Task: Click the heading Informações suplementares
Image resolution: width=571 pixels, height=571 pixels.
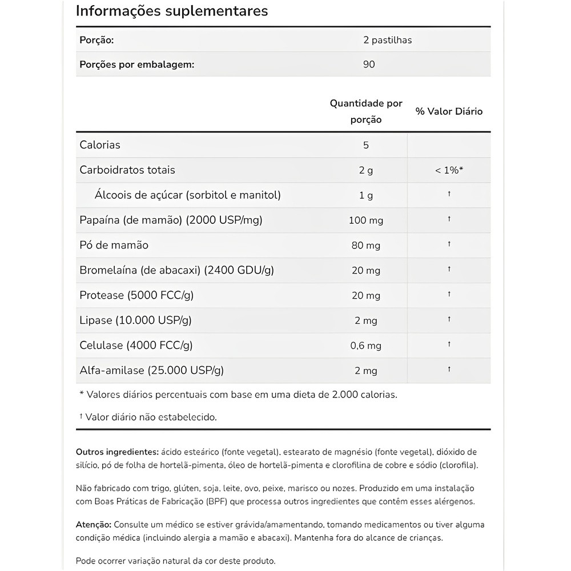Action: point(172,11)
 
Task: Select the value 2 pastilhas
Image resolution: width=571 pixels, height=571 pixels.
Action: point(387,40)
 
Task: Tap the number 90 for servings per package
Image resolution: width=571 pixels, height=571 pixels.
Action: point(369,65)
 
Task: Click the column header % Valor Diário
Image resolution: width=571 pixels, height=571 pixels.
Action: point(449,111)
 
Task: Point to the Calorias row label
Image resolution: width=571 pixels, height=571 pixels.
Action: point(100,145)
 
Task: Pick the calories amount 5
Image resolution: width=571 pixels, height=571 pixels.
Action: point(366,145)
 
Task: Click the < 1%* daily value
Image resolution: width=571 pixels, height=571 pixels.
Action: point(449,170)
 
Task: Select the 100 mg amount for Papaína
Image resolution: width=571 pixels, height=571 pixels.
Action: point(366,220)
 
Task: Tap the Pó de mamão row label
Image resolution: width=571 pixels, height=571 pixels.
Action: point(114,245)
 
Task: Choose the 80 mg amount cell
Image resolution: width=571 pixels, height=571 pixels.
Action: point(366,246)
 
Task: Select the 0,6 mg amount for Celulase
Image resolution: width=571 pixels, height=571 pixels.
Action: point(366,345)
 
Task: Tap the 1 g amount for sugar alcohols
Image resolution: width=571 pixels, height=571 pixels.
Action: point(366,195)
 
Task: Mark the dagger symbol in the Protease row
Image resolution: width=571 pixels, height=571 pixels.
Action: point(449,295)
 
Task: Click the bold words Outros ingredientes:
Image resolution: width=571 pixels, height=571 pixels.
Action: point(117,452)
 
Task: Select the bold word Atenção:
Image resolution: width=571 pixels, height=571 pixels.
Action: point(94,524)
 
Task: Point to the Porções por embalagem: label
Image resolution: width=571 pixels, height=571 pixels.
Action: point(135,65)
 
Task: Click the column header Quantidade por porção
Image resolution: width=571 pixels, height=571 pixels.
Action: point(366,111)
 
